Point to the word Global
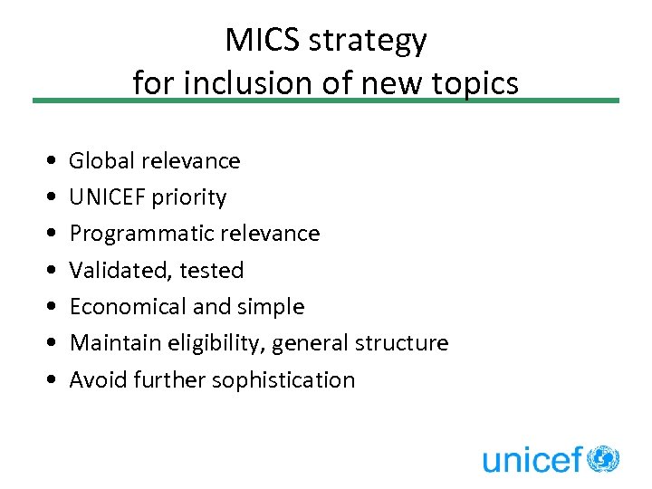click(101, 161)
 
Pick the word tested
click(212, 271)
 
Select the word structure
click(402, 343)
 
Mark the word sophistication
click(283, 380)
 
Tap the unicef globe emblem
click(603, 459)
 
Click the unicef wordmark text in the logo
click(532, 461)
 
